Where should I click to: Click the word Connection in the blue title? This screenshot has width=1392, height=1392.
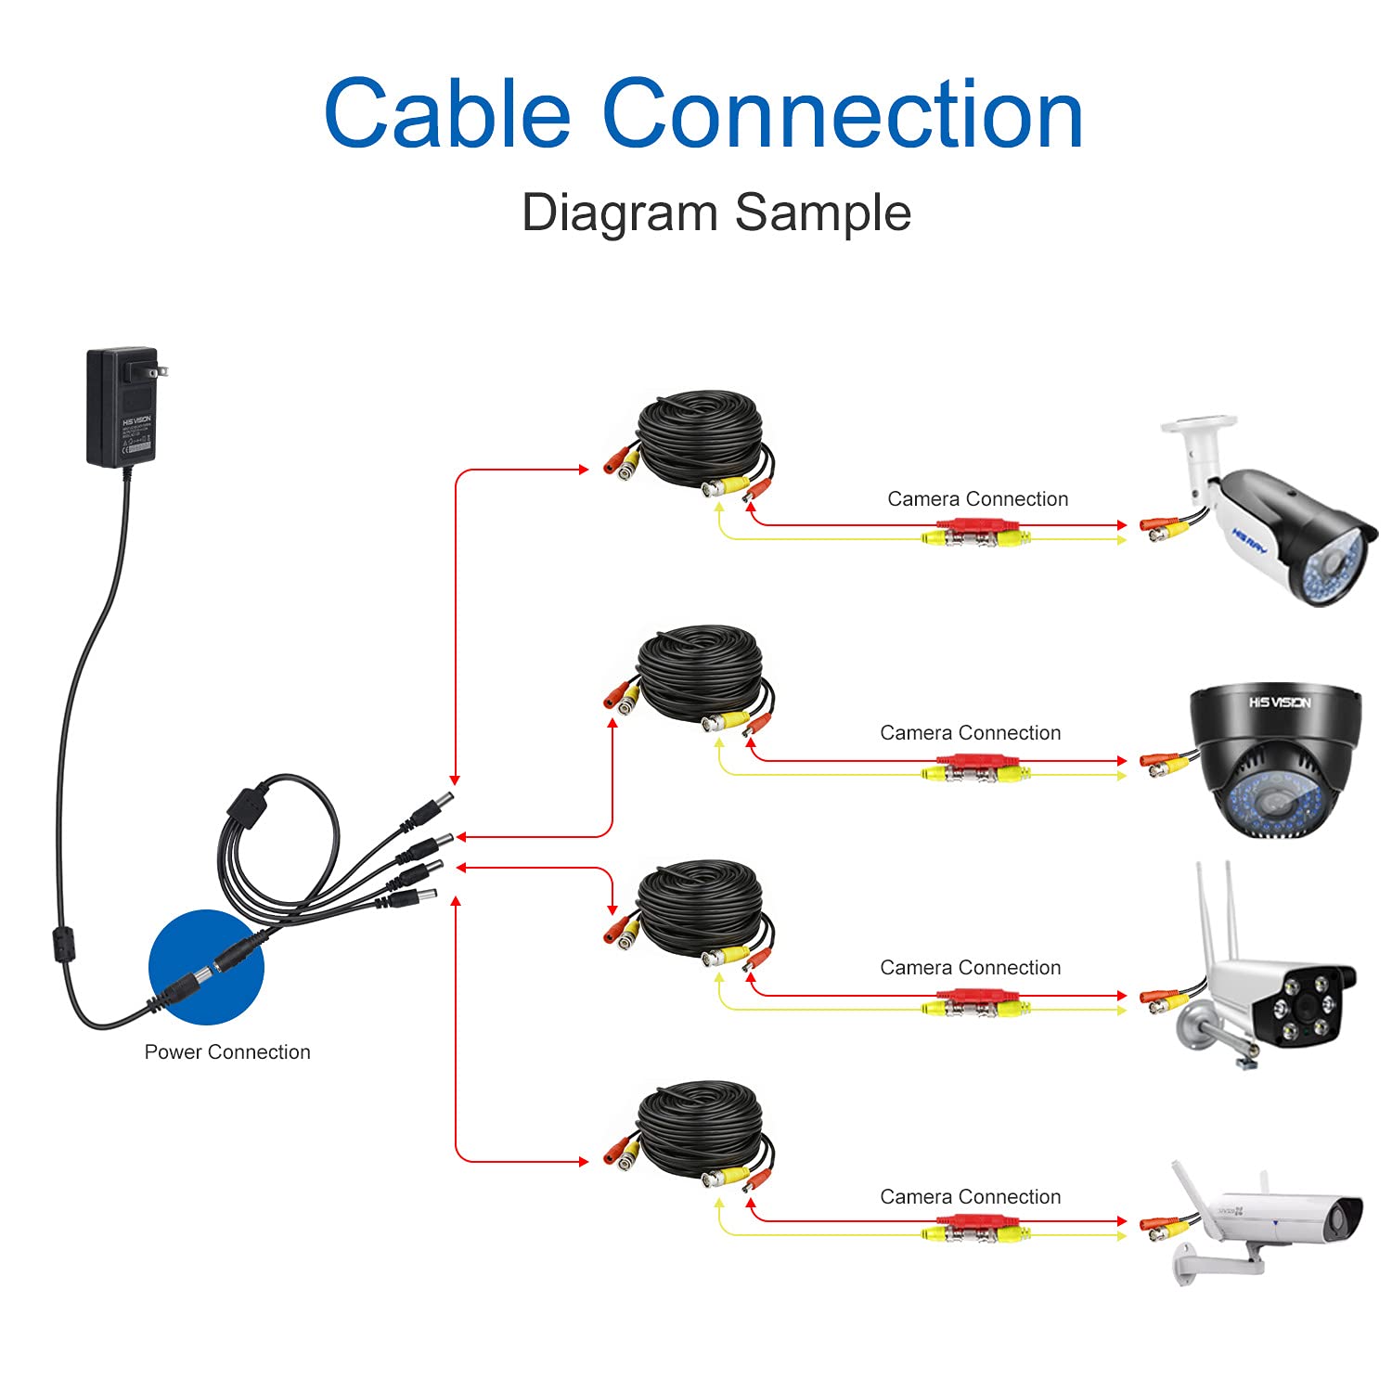coord(843,113)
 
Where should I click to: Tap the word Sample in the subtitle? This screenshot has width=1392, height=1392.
coord(822,213)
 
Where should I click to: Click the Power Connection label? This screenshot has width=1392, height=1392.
coord(227,1052)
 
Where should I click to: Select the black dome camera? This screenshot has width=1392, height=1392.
coord(1276,761)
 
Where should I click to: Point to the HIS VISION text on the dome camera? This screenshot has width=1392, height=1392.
coord(1279,702)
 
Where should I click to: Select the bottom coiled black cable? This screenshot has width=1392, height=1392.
coord(701,1128)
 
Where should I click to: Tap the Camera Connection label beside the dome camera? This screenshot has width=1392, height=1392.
coord(970,733)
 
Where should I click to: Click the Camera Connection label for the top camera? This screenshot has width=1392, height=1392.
coord(977,499)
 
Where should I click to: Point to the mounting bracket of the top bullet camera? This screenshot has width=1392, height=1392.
coord(1197,445)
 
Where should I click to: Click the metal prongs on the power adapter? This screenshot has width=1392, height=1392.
coord(161,370)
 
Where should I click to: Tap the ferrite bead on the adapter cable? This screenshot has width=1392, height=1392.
coord(61,947)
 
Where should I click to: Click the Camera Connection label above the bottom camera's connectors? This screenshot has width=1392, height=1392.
coord(970,1197)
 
